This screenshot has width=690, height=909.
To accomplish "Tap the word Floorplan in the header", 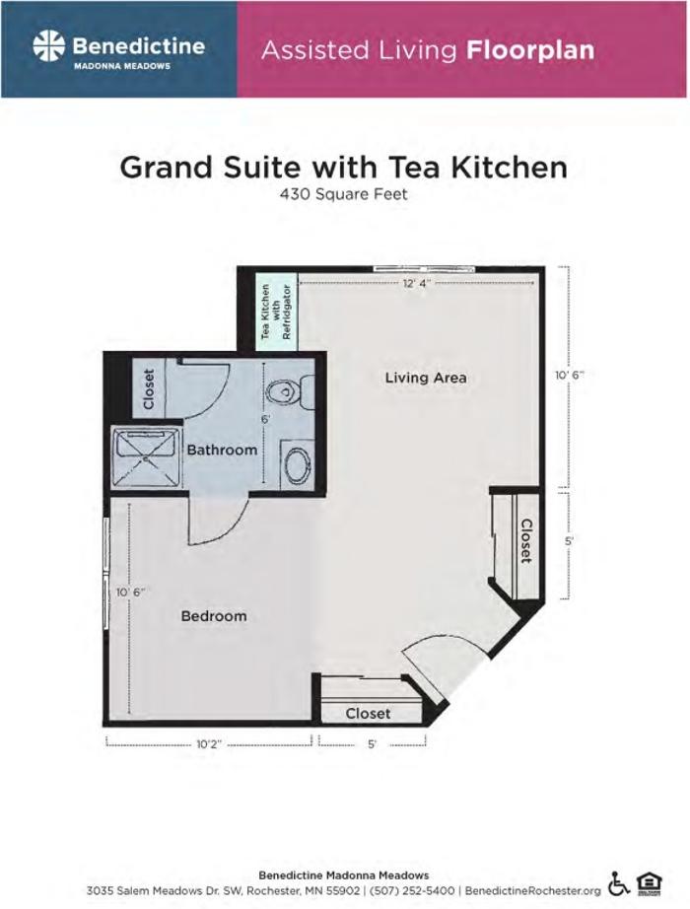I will [x=531, y=49].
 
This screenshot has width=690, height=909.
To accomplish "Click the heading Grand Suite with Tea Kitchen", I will [x=343, y=167].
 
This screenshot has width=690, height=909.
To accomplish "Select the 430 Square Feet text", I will [x=344, y=194].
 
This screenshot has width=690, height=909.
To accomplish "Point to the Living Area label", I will [x=425, y=378].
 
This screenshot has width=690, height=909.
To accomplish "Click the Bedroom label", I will [x=214, y=616].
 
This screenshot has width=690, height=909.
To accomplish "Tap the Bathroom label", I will [x=223, y=450].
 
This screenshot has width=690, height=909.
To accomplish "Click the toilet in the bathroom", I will [x=284, y=391].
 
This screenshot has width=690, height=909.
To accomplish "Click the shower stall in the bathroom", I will [x=145, y=456].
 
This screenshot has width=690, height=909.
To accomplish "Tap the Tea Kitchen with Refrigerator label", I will [x=277, y=312].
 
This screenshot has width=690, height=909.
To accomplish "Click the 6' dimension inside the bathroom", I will [x=265, y=419].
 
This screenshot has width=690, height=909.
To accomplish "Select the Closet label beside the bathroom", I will [x=149, y=389].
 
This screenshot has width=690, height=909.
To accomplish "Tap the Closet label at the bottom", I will [x=368, y=713].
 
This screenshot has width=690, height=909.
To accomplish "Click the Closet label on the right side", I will [x=526, y=541].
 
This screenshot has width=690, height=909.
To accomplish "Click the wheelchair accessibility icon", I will [x=619, y=882].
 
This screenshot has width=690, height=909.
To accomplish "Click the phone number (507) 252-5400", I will [x=420, y=890].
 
